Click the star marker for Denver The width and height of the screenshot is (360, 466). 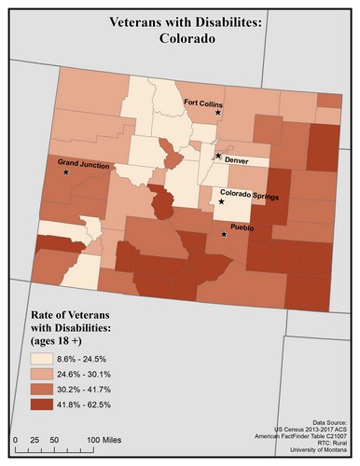click(218, 156)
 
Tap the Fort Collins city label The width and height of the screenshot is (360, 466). click(202, 103)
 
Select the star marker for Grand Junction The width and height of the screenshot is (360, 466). click(66, 172)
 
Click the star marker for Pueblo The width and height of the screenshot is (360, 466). click(224, 235)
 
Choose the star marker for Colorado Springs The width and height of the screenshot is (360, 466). click(222, 201)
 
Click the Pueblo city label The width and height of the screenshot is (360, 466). click(242, 226)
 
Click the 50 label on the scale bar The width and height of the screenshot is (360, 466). click(55, 437)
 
